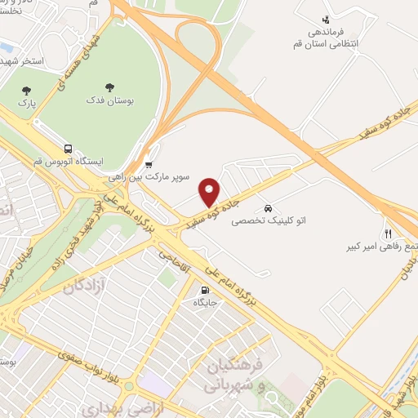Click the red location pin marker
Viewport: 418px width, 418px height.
[x=210, y=191]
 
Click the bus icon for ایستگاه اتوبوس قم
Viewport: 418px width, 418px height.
[x=68, y=149]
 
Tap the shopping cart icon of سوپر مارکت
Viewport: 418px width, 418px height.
[x=148, y=162]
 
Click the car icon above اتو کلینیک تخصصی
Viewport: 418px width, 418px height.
[x=268, y=207]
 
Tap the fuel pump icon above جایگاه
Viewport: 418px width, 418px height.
[x=204, y=289]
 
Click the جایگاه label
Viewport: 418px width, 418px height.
[x=204, y=302]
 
